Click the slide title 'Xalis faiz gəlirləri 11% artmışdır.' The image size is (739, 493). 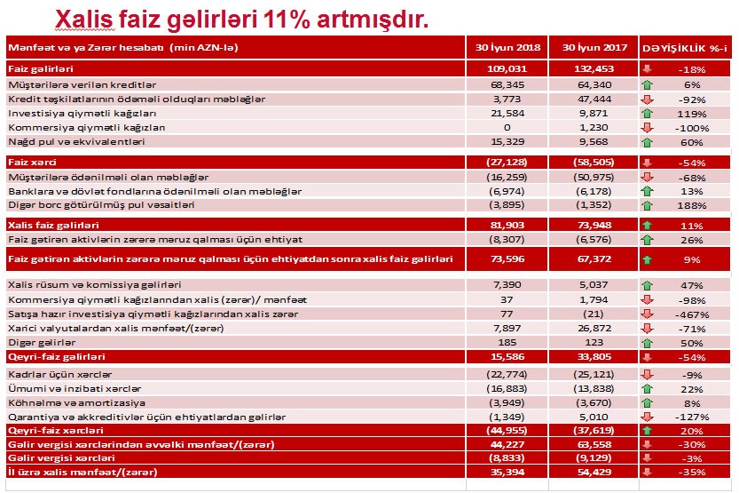(241, 19)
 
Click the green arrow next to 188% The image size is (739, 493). (647, 204)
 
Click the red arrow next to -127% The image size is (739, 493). (647, 417)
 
